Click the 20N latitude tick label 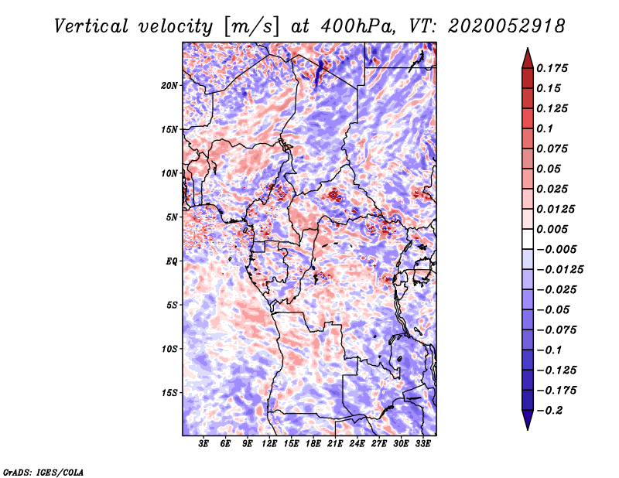tap(169, 86)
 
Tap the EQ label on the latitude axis tap(172, 261)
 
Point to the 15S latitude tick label tap(169, 393)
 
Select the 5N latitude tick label tap(172, 217)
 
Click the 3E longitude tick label tap(203, 444)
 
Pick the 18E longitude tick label tap(313, 444)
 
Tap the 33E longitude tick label tap(422, 444)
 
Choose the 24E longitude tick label tap(357, 444)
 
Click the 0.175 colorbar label tap(552, 68)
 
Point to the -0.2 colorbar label tap(549, 411)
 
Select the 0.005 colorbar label tap(552, 229)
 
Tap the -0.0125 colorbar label tap(559, 270)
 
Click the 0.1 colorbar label tap(545, 128)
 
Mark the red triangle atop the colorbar tap(528, 59)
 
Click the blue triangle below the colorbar tap(528, 420)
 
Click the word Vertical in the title tap(91, 26)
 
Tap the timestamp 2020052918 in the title tap(507, 26)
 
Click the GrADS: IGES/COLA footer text tap(43, 472)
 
